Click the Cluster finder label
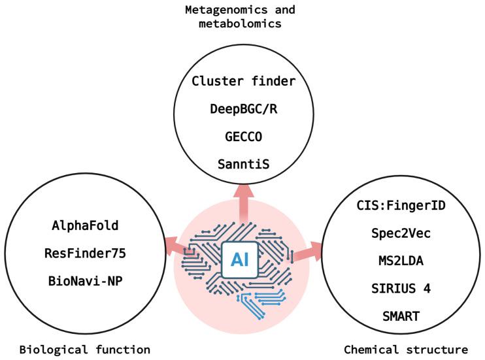243,82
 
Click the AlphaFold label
85,226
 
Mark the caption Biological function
85,349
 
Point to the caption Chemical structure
407,349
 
